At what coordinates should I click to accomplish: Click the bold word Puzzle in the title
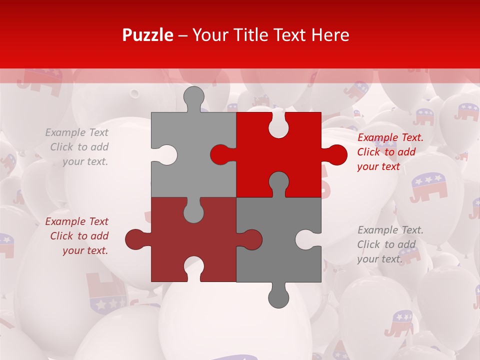[x=148, y=35]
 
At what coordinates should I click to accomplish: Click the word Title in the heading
[x=245, y=35]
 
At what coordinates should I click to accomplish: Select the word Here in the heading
[x=330, y=35]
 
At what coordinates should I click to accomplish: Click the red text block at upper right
[x=390, y=152]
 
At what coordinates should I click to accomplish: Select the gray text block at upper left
[x=77, y=147]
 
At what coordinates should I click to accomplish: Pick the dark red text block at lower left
[x=77, y=236]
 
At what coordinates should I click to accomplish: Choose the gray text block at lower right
[x=390, y=244]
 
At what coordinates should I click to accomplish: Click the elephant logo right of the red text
[x=429, y=186]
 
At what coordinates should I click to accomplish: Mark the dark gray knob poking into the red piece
[x=278, y=182]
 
